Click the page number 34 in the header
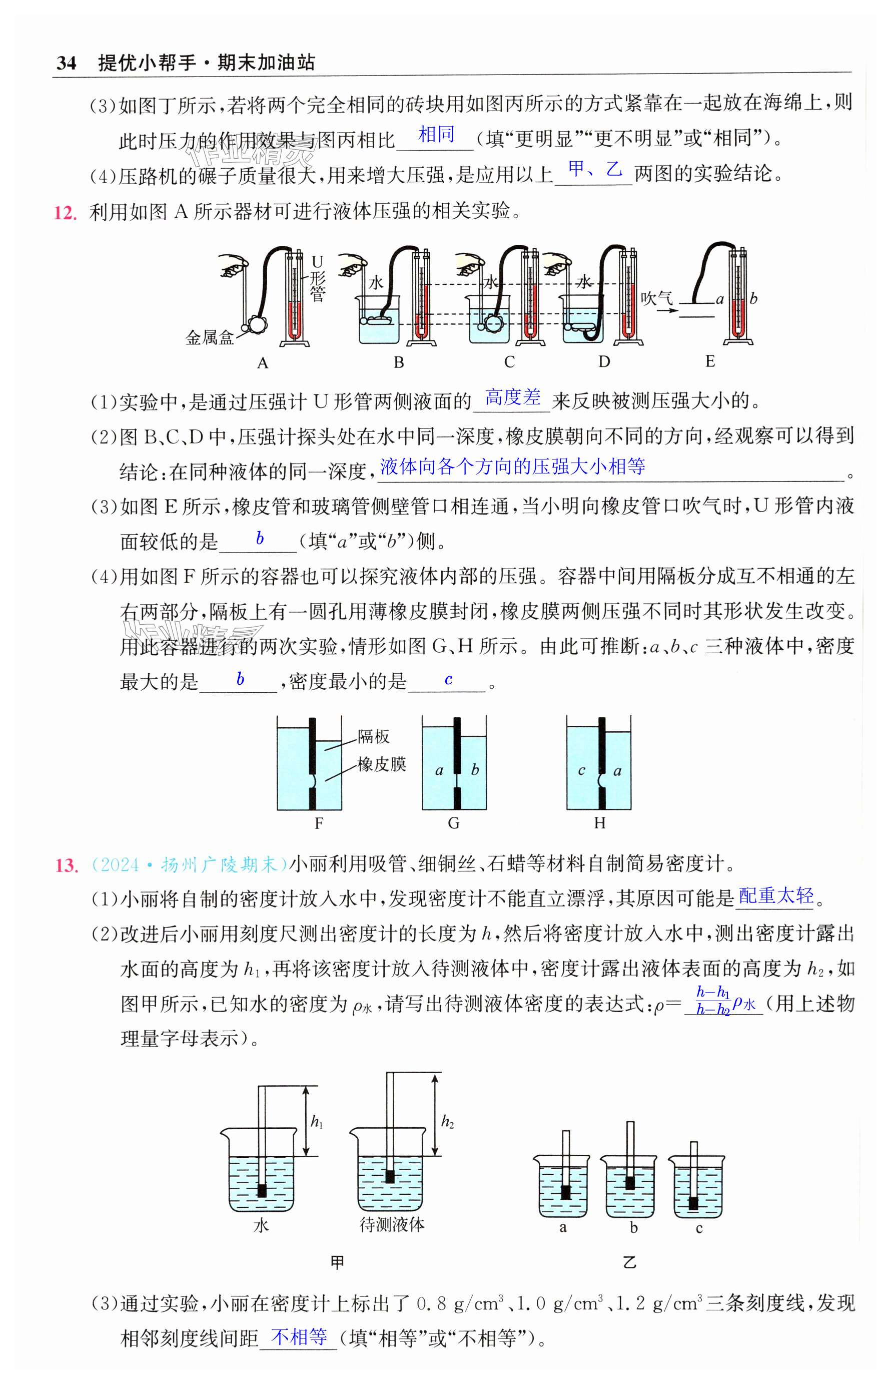pyautogui.click(x=67, y=63)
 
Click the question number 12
pyautogui.click(x=66, y=213)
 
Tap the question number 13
pyautogui.click(x=66, y=865)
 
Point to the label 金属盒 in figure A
pyautogui.click(x=210, y=337)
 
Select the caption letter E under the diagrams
pyautogui.click(x=710, y=362)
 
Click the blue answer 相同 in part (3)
pyautogui.click(x=436, y=135)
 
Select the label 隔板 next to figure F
pyautogui.click(x=373, y=736)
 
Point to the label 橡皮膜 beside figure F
pyautogui.click(x=381, y=764)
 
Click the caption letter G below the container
pyautogui.click(x=454, y=823)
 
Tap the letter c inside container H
pyautogui.click(x=581, y=770)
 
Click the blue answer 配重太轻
pyautogui.click(x=776, y=895)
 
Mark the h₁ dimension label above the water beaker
pyautogui.click(x=317, y=1122)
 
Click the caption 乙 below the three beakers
pyautogui.click(x=629, y=1263)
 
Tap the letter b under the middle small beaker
pyautogui.click(x=633, y=1227)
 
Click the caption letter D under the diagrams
pyautogui.click(x=604, y=362)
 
